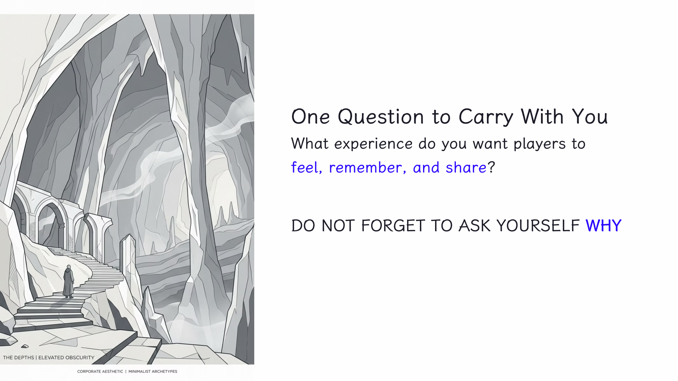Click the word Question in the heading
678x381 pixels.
(381, 117)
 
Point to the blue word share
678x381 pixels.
(466, 168)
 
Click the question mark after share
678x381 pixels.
(491, 167)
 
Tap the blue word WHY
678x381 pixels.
(603, 226)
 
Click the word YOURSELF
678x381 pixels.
(538, 226)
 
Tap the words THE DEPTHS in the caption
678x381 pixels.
(18, 357)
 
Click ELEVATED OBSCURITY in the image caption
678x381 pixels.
(66, 357)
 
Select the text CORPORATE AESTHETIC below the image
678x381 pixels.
(100, 371)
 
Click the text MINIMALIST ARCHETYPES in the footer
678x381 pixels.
(153, 371)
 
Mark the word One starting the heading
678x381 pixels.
(310, 117)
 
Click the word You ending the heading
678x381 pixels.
(590, 117)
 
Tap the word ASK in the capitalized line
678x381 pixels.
(475, 226)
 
